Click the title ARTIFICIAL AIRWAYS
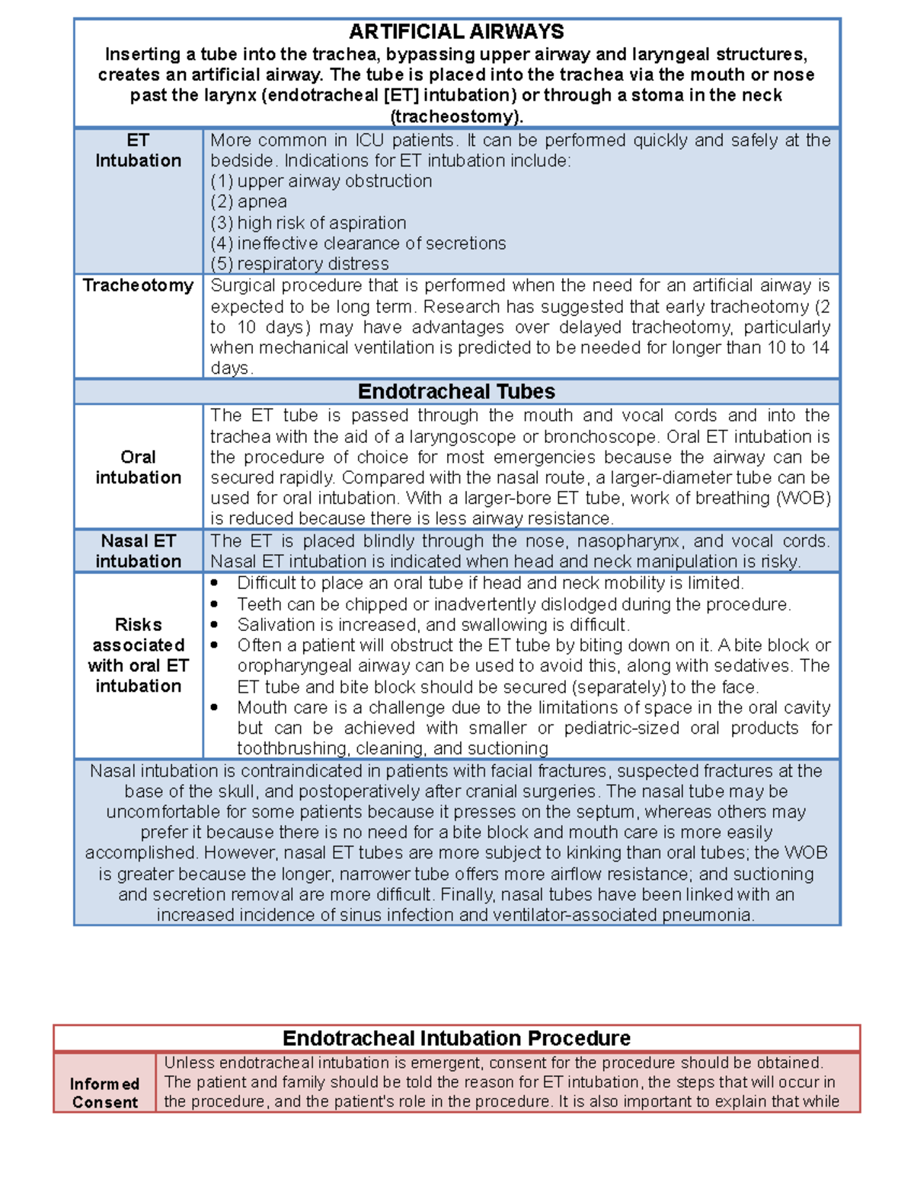pyautogui.click(x=456, y=32)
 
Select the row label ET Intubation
pyautogui.click(x=138, y=151)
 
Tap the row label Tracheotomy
pyautogui.click(x=138, y=285)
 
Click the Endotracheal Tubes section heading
pyautogui.click(x=456, y=392)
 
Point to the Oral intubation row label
pyautogui.click(x=138, y=467)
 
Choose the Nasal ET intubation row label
pyautogui.click(x=138, y=551)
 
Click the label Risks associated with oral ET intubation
pyautogui.click(x=138, y=655)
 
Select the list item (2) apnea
pyautogui.click(x=249, y=202)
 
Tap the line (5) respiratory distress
pyautogui.click(x=299, y=264)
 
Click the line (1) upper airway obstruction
pyautogui.click(x=321, y=181)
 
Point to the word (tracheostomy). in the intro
pyautogui.click(x=456, y=116)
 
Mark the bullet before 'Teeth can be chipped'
pyautogui.click(x=216, y=604)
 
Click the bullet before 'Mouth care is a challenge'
pyautogui.click(x=216, y=708)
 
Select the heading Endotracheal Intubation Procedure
pyautogui.click(x=456, y=1039)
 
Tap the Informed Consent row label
pyautogui.click(x=105, y=1093)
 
